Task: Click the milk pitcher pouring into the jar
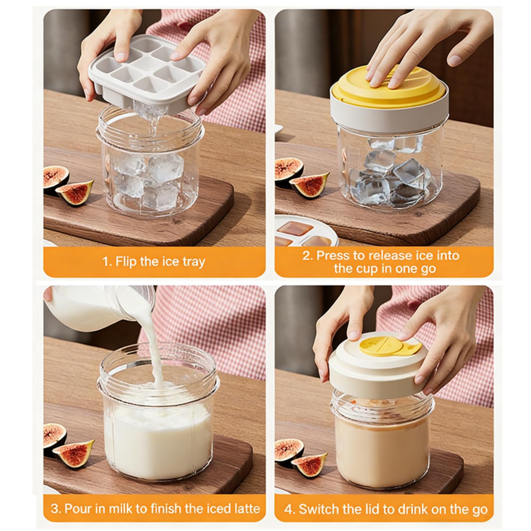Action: click(x=100, y=308)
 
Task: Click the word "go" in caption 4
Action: click(x=480, y=509)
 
